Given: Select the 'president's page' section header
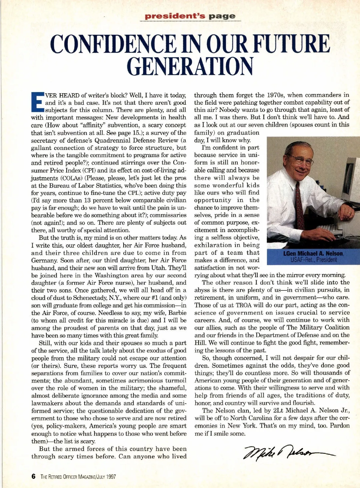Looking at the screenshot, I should [190, 16].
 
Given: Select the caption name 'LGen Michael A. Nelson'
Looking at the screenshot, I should [313, 254].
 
